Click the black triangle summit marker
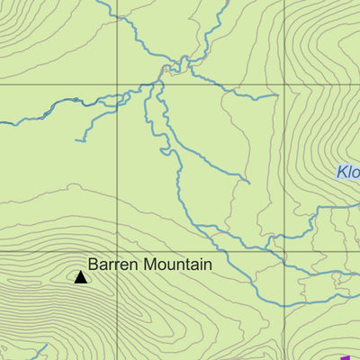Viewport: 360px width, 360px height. point(80,277)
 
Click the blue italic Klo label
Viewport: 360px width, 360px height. point(348,172)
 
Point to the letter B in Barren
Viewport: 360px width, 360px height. point(93,265)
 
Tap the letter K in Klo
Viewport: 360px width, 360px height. point(342,172)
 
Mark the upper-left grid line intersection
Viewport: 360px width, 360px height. point(117,84)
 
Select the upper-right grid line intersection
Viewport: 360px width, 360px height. point(285,84)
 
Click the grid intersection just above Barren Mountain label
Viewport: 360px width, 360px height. point(117,251)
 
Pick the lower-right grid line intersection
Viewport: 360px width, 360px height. point(285,251)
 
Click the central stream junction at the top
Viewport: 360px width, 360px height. point(164,70)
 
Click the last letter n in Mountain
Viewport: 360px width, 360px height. point(207,265)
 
